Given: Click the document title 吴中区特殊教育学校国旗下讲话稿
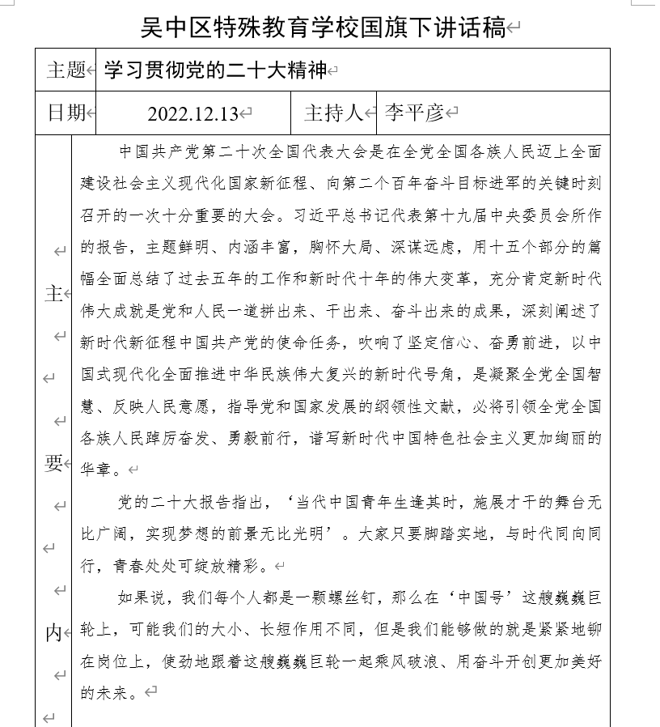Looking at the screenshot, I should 323,28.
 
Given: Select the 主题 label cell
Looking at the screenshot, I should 66,70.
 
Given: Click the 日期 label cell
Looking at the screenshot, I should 66,113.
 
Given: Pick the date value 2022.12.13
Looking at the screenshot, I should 193,113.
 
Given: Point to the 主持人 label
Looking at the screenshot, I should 334,113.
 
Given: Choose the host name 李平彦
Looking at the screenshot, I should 414,113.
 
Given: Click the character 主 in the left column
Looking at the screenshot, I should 53,294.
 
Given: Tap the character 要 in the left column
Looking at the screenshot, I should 53,463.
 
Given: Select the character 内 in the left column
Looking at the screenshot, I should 53,632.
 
